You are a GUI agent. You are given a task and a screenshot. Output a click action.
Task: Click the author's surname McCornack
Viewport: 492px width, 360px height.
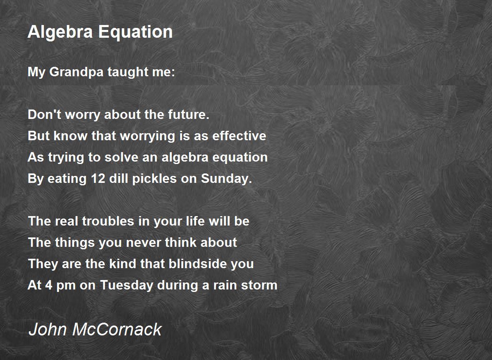(x=117, y=329)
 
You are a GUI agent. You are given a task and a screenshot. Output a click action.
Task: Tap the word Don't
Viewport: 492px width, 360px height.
(x=41, y=115)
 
